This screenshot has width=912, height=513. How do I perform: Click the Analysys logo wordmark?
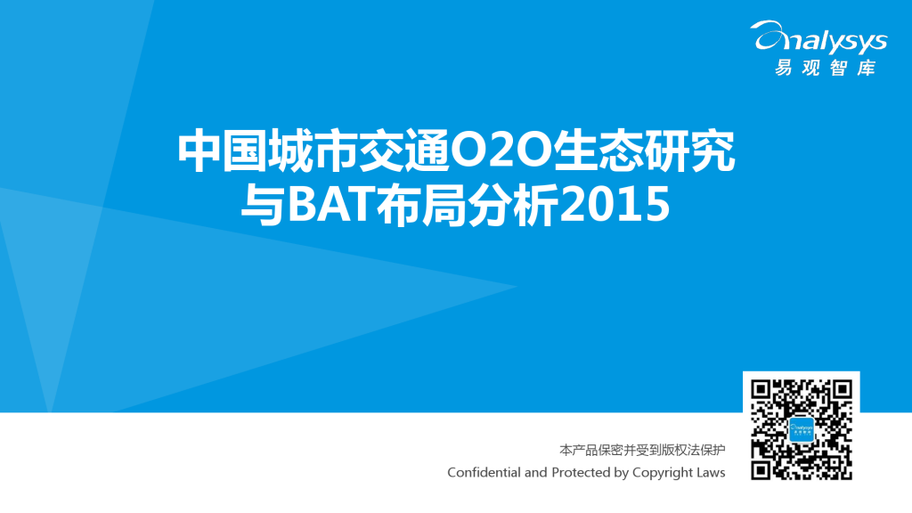click(x=820, y=40)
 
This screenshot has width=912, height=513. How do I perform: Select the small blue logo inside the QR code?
click(x=802, y=429)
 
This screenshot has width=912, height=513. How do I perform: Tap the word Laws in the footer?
click(x=712, y=472)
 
